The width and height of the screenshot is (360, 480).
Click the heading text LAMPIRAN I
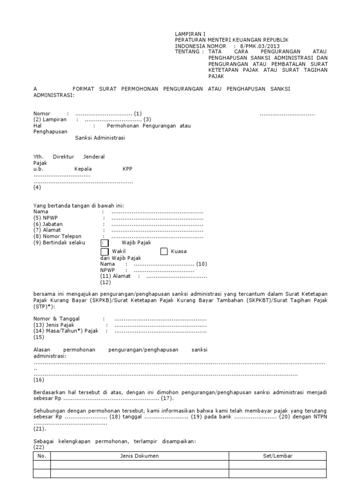tap(190, 34)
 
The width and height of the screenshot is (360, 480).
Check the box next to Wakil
tap(104, 252)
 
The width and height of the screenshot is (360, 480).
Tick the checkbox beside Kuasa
tap(164, 252)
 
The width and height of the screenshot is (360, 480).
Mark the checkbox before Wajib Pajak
tap(104, 243)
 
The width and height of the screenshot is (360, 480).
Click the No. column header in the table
tap(42, 456)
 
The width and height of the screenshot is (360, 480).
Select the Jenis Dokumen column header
tap(140, 456)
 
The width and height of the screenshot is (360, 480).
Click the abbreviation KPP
tap(127, 169)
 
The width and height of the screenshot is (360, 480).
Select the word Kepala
tap(83, 169)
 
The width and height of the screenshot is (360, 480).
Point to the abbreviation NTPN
tap(318, 417)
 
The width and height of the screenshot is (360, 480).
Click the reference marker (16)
tap(38, 380)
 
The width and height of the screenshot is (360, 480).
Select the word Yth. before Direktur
tap(38, 157)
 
